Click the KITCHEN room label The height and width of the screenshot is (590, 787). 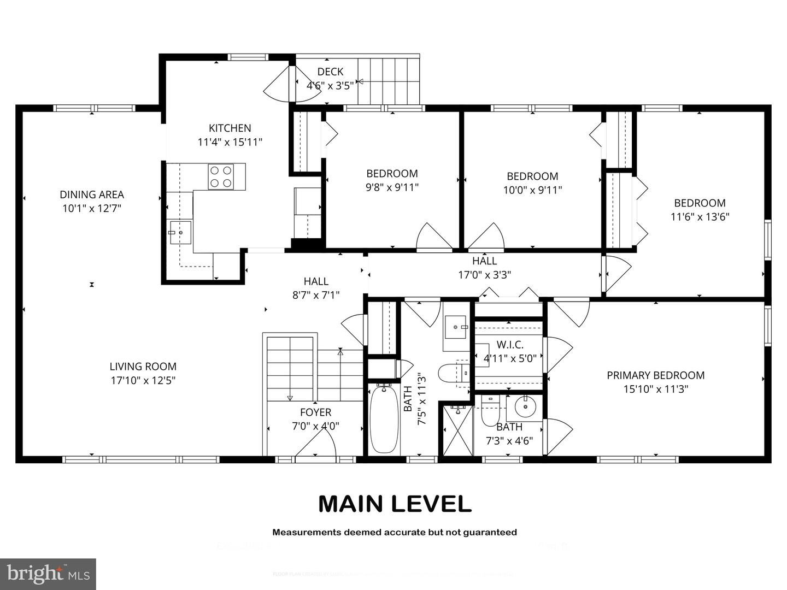230,128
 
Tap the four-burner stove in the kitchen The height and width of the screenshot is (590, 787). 221,176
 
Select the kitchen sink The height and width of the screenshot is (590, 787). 179,233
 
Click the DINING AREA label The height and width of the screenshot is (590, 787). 92,194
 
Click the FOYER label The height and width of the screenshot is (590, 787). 315,412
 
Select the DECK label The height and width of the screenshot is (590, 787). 330,72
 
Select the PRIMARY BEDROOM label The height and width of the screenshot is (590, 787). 655,375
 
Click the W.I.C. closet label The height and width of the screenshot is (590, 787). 510,345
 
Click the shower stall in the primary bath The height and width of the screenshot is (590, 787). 457,430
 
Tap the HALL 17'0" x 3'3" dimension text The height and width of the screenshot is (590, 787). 484,275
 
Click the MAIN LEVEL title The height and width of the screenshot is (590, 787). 395,504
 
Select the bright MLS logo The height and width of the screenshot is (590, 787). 48,574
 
